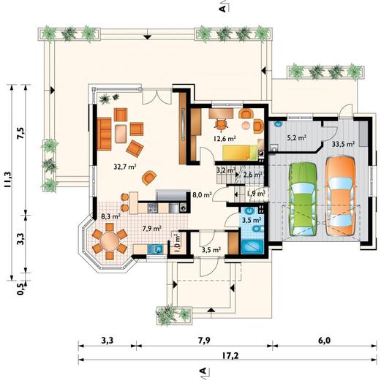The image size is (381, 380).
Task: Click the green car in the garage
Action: tap(303, 199)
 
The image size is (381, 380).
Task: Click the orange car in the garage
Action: tap(340, 196)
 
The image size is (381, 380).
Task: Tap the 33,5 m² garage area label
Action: tap(343, 144)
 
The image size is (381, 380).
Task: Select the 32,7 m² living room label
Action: tap(125, 167)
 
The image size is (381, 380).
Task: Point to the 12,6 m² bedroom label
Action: tap(225, 139)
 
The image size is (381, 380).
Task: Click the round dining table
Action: tap(110, 241)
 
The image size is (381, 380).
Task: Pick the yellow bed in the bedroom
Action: tap(240, 153)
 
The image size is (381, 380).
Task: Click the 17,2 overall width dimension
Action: tap(230, 356)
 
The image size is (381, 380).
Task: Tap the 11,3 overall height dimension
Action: tap(7, 180)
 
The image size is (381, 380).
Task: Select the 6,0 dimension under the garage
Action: tap(324, 341)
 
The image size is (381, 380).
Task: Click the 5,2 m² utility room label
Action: tap(296, 138)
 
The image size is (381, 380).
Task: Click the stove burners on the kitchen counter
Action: tap(153, 208)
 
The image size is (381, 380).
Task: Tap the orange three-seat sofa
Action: tap(104, 134)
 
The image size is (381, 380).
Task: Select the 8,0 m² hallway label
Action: tap(202, 195)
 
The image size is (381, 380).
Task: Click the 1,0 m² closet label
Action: tap(177, 243)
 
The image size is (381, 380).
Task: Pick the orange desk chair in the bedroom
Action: tap(221, 124)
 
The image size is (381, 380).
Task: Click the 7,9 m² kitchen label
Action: tap(152, 229)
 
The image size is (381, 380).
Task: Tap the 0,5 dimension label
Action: tap(21, 289)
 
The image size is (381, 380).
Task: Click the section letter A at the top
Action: tap(222, 9)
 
